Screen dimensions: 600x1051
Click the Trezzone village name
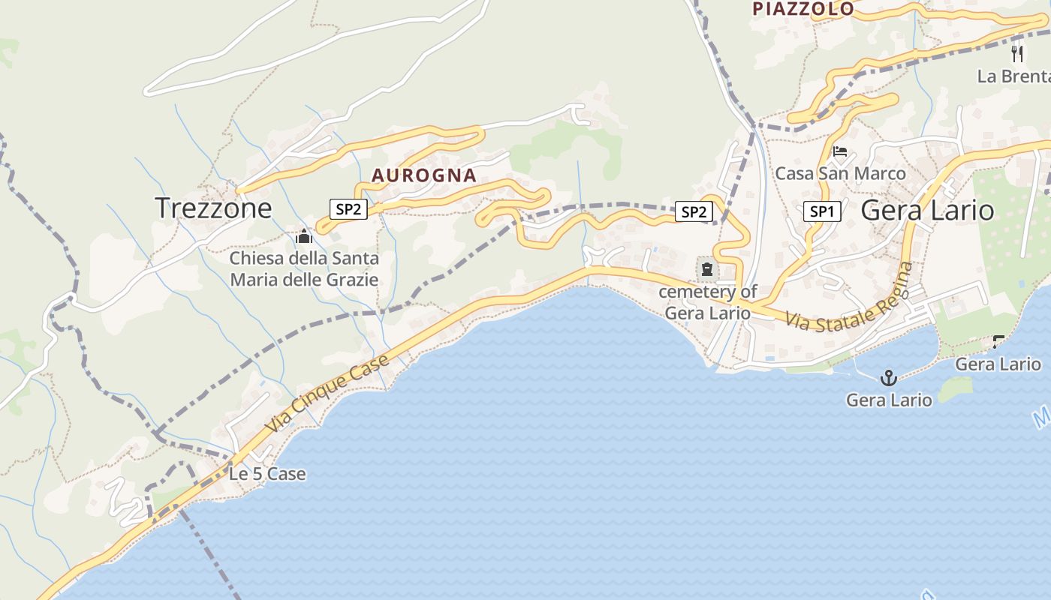tap(213, 208)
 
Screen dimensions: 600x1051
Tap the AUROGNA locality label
tap(424, 175)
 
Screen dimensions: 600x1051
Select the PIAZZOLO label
tap(803, 9)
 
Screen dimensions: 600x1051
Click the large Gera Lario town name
tap(928, 210)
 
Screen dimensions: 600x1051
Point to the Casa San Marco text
tap(840, 173)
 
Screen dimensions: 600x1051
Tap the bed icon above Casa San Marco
tap(840, 152)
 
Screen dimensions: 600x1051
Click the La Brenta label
tap(1012, 76)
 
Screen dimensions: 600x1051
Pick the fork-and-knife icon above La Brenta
tap(1017, 54)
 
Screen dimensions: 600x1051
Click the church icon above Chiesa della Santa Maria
tap(304, 238)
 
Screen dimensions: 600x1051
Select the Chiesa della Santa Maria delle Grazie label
tap(304, 269)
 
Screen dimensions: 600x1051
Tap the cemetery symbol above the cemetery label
tap(706, 268)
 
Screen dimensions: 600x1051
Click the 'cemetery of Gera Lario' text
tap(708, 302)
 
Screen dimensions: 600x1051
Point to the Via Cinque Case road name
tap(327, 392)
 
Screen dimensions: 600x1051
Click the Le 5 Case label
tap(267, 474)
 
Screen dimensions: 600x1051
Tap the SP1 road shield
tap(822, 212)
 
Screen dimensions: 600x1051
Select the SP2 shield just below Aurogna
tap(348, 209)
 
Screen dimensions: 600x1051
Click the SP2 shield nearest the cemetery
tap(693, 212)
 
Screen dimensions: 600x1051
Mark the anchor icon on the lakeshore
tap(889, 377)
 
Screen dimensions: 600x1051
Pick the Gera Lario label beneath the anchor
tap(889, 400)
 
